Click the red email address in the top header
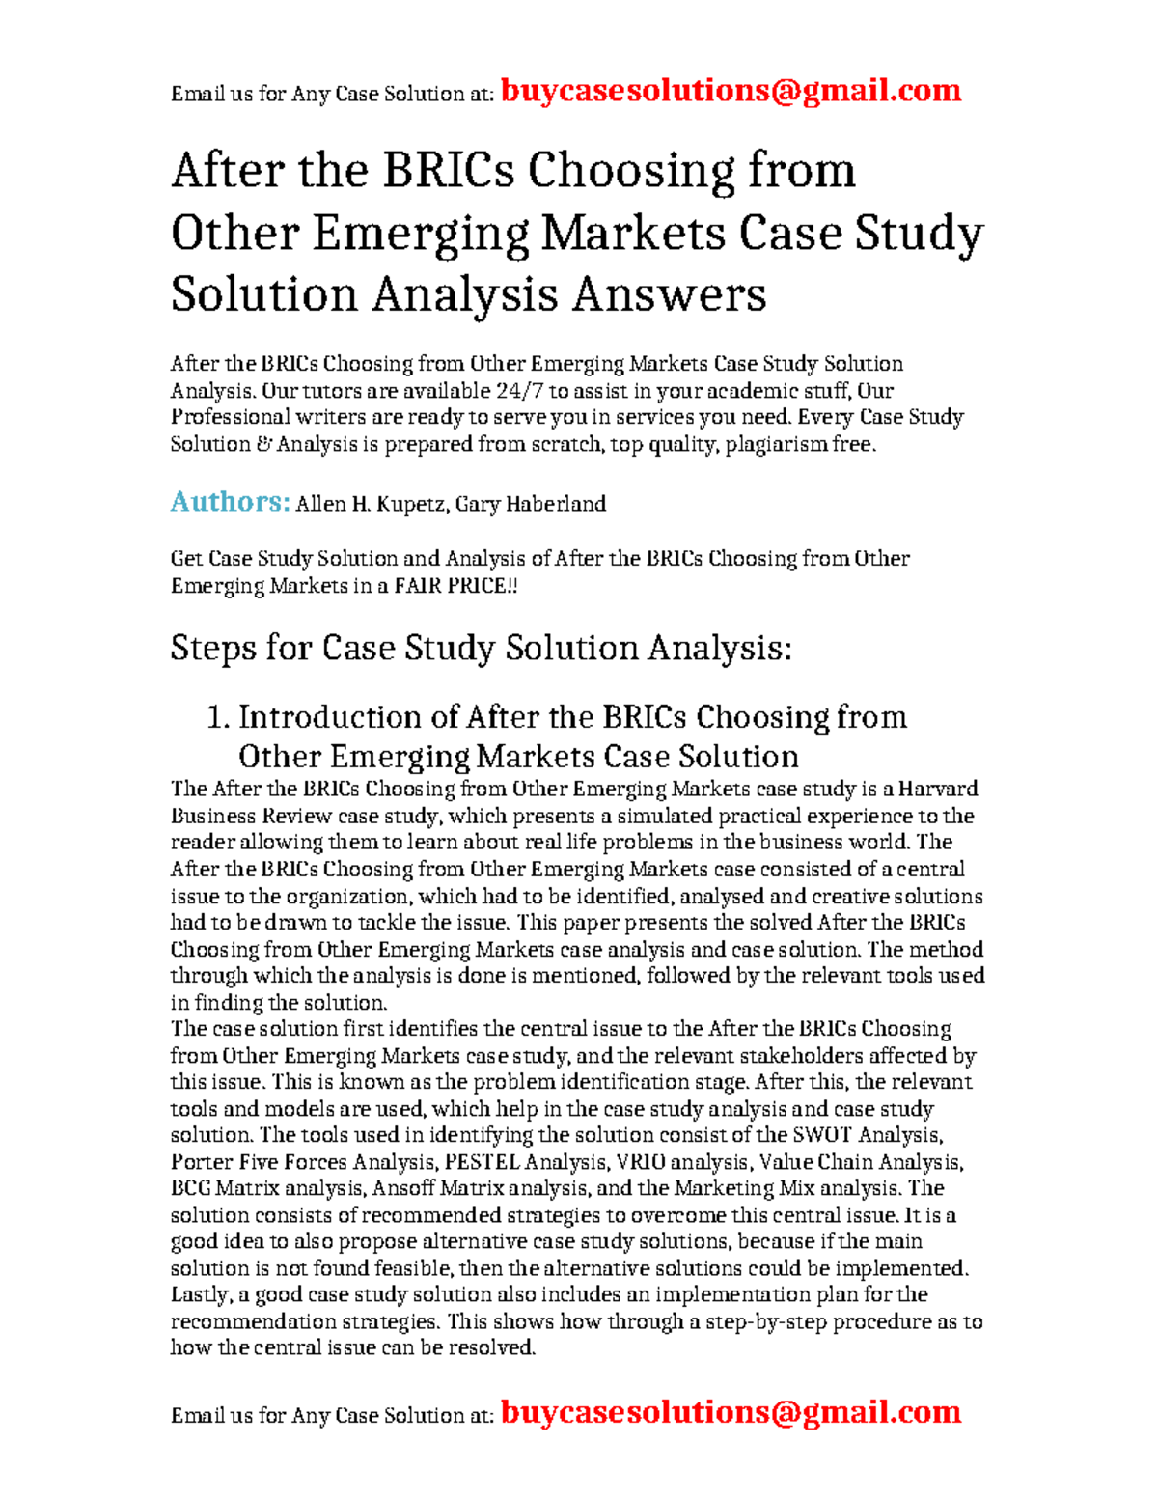pyautogui.click(x=731, y=91)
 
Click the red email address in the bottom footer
pyautogui.click(x=731, y=1412)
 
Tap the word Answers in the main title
pyautogui.click(x=669, y=294)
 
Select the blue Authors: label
pyautogui.click(x=230, y=502)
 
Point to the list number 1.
pyautogui.click(x=217, y=717)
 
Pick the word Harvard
pyautogui.click(x=938, y=789)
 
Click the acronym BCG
pyautogui.click(x=190, y=1188)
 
